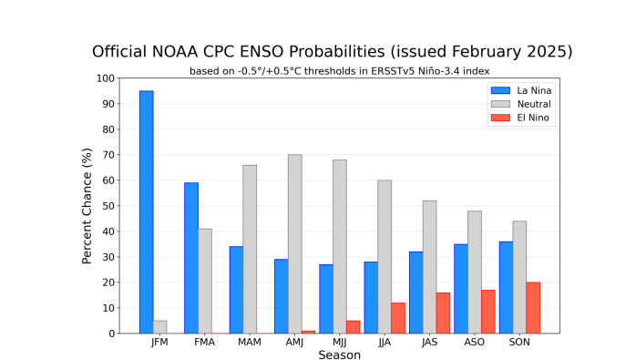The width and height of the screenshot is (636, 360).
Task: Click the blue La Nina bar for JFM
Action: click(146, 212)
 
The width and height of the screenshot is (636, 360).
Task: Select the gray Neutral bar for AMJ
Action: click(294, 244)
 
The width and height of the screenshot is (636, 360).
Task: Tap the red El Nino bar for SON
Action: click(533, 308)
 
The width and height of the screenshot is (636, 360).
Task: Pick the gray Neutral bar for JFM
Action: click(159, 327)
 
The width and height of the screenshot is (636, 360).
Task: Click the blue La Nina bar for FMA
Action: click(191, 258)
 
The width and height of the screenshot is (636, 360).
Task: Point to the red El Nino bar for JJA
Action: click(398, 318)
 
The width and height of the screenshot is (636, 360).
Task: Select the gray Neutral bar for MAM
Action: click(250, 249)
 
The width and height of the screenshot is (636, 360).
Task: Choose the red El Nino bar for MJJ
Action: click(353, 327)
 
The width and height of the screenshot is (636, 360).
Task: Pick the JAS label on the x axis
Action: click(428, 344)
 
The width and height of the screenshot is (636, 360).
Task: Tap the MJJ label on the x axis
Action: click(339, 344)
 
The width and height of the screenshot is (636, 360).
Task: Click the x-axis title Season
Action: click(339, 355)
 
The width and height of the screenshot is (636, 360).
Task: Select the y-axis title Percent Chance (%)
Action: click(87, 206)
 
